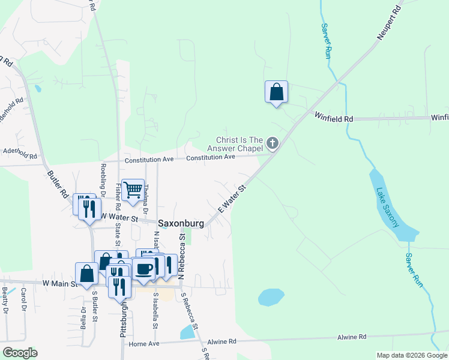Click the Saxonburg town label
pyautogui.click(x=181, y=223)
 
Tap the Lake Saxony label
pyautogui.click(x=387, y=208)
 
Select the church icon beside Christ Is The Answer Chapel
pyautogui.click(x=273, y=143)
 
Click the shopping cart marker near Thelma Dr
pyautogui.click(x=133, y=190)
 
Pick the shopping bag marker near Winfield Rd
pyautogui.click(x=276, y=92)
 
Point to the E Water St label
pyautogui.click(x=232, y=198)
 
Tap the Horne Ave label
pyautogui.click(x=144, y=344)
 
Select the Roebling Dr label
pyautogui.click(x=103, y=178)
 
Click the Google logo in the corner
pyautogui.click(x=19, y=353)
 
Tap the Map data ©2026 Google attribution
pyautogui.click(x=411, y=355)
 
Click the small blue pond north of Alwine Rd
pyautogui.click(x=270, y=297)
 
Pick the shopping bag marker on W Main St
pyautogui.click(x=86, y=274)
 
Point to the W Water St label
pyautogui.click(x=119, y=216)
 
